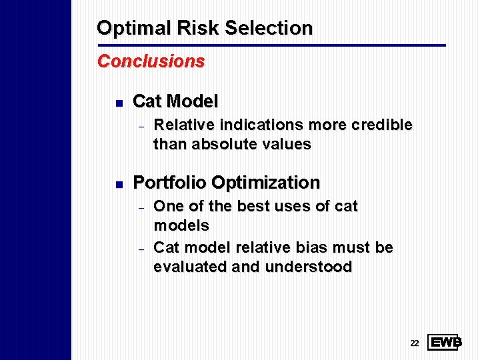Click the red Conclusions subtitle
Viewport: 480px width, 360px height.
point(151,61)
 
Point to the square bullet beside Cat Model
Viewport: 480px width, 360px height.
point(117,103)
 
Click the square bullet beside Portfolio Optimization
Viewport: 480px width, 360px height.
point(117,183)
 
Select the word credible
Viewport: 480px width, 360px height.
point(383,125)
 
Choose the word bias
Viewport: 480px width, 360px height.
point(321,248)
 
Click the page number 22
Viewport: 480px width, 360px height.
point(414,343)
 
